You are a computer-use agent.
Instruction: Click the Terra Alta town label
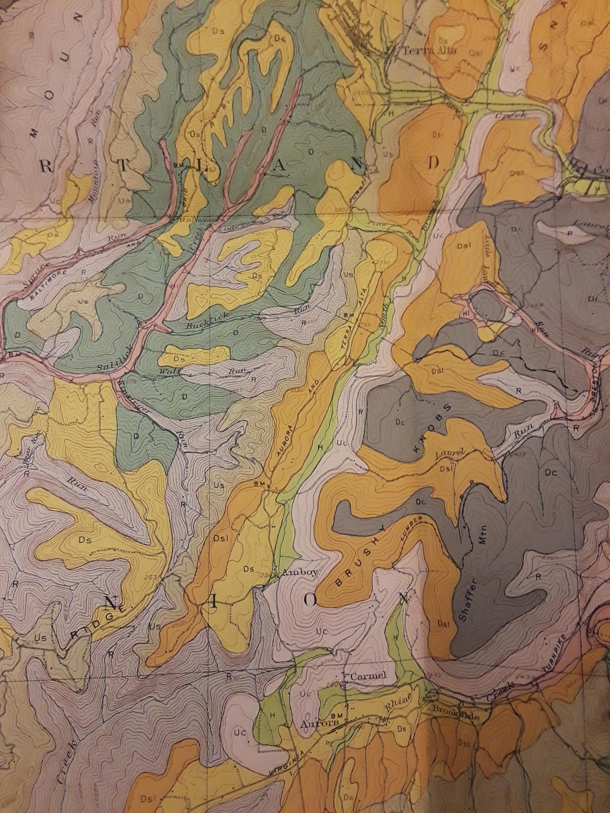[x=429, y=51]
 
